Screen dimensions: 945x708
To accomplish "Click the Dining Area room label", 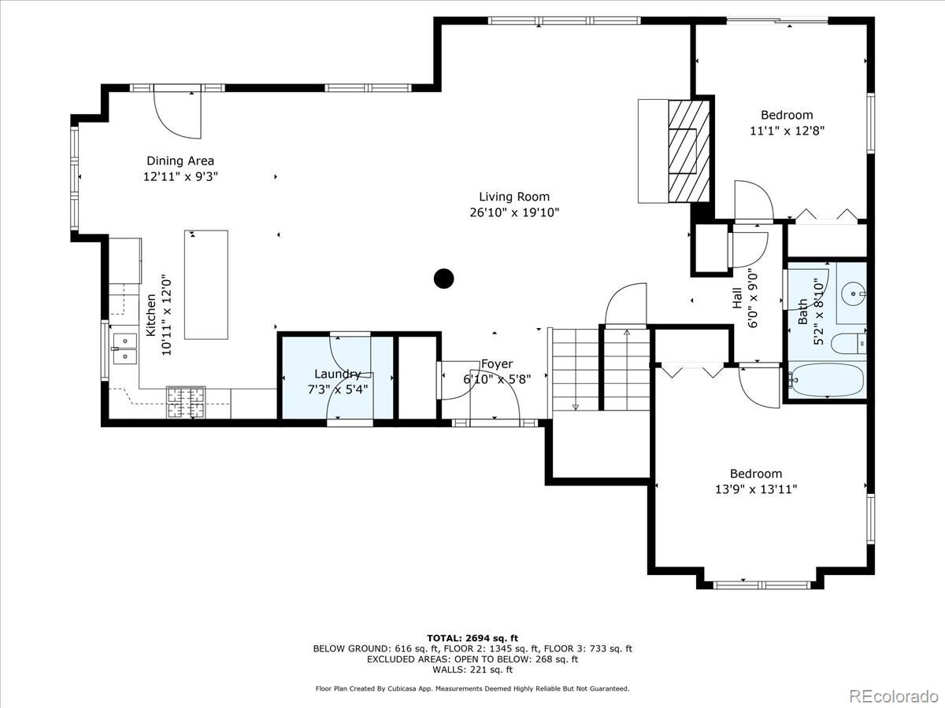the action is point(180,160).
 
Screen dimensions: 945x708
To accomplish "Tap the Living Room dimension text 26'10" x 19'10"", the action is point(514,212).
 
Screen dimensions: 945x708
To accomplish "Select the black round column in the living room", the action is point(444,278).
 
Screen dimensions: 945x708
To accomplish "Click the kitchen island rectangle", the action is point(206,285).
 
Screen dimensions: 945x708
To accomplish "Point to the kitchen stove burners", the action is point(186,402).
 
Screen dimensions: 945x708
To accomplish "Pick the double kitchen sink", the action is point(125,349).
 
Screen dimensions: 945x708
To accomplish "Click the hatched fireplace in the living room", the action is point(689,151).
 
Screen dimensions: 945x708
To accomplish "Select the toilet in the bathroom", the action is point(848,344).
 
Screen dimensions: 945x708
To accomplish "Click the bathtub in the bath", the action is point(827,380).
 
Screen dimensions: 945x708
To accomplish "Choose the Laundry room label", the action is point(338,374).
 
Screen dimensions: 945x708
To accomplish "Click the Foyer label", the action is point(497,364).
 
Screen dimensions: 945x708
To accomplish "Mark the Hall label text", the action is point(737,298).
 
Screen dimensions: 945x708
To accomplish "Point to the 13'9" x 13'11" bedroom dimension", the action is point(756,489).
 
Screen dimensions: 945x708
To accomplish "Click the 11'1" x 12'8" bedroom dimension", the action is point(787,131).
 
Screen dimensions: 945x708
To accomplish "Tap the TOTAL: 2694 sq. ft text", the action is point(472,638).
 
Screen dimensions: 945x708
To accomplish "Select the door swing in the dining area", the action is point(177,115).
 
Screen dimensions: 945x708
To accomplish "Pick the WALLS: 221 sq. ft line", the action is point(472,669).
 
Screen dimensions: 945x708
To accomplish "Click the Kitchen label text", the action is point(150,315).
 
